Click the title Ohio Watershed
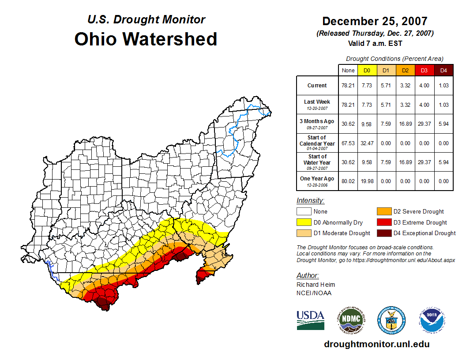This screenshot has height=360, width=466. tap(146, 39)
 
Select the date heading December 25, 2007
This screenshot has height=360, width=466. tap(375, 21)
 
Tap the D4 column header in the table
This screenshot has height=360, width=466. tap(443, 70)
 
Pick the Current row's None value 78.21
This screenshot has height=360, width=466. tap(348, 86)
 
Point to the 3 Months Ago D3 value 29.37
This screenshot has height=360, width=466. tap(425, 124)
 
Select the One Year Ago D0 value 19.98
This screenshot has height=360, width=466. tap(367, 181)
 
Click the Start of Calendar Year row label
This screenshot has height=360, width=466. tap(317, 143)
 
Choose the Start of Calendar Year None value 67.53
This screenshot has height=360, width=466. tap(348, 143)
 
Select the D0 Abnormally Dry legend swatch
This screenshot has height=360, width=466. tap(304, 222)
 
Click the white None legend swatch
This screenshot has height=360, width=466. tap(304, 212)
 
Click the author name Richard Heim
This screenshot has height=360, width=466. tap(316, 285)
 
